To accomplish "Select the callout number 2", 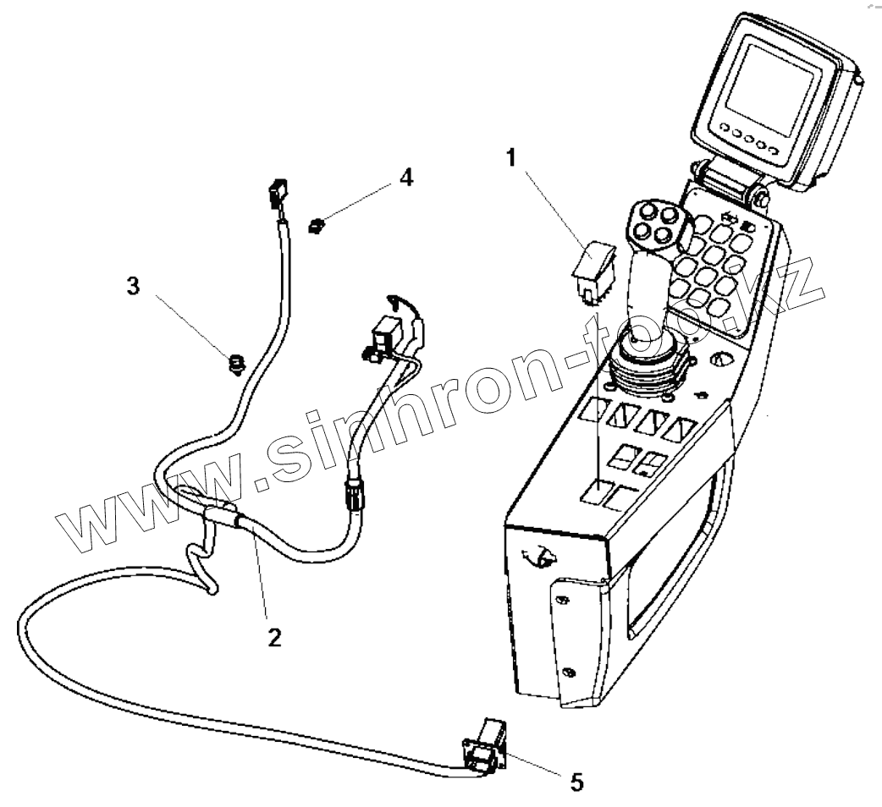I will pyautogui.click(x=273, y=636).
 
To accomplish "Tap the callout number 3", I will pyautogui.click(x=132, y=286).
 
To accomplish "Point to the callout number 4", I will pyautogui.click(x=406, y=178).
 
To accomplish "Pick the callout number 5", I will pyautogui.click(x=576, y=781).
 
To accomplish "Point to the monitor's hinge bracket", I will pyautogui.click(x=728, y=184).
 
